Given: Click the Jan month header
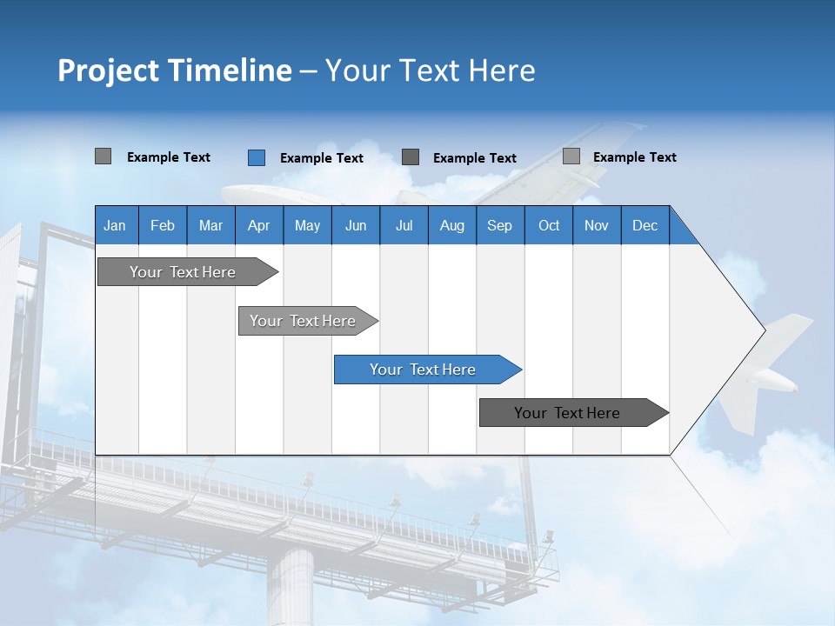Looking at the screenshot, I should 115,225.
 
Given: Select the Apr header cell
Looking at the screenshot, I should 258,225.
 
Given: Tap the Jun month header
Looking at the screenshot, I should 355,225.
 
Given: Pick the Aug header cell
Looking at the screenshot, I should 451,225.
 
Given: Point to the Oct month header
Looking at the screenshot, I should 549,225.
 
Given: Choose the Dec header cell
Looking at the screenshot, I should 645,225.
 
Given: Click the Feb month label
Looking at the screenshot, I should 163,225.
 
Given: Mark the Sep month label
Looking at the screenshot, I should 499,225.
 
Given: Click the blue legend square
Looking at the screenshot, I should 257,157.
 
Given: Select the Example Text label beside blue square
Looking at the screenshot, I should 321,158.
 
